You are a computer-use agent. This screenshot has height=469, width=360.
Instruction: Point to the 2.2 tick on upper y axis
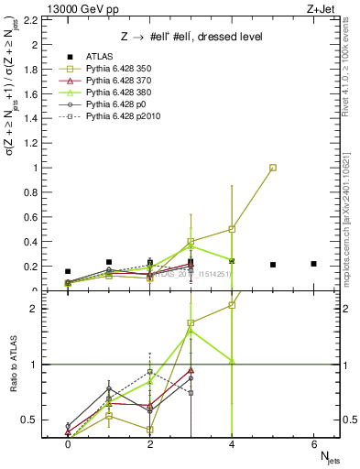point(32,19)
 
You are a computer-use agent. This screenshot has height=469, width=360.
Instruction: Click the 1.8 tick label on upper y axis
point(32,69)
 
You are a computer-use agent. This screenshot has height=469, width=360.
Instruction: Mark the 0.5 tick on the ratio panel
point(32,420)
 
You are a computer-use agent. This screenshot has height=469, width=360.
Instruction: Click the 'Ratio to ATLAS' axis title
point(12,365)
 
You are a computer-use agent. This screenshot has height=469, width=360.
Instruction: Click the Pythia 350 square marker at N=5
point(273,168)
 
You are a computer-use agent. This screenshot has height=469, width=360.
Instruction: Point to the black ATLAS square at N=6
point(314,264)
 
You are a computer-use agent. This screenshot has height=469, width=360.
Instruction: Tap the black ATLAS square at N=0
point(68,271)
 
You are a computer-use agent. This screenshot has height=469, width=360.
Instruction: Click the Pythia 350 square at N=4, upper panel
point(233,229)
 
